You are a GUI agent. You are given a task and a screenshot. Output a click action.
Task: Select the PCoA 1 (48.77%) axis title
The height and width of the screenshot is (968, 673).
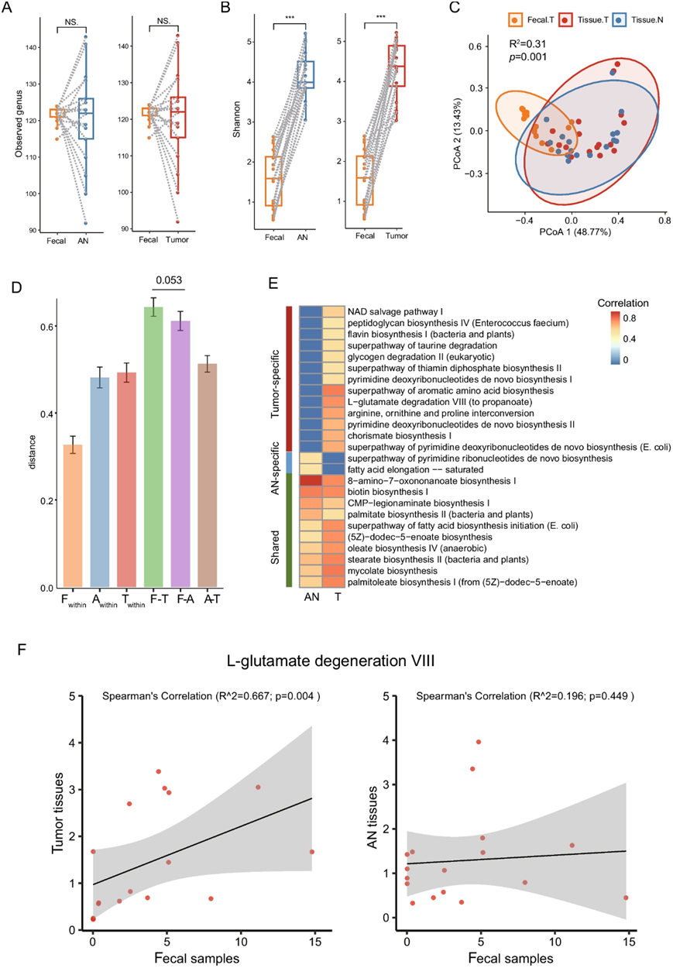click(571, 232)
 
